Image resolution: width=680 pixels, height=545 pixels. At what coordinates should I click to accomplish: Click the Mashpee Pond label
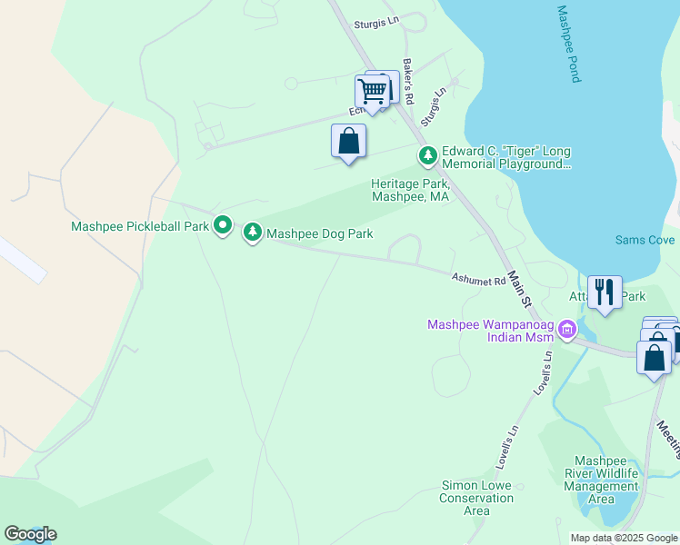click(x=569, y=45)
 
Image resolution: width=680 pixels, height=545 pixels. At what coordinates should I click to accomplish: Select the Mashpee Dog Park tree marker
click(x=253, y=233)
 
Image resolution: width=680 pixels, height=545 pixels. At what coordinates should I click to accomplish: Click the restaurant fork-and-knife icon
click(x=605, y=292)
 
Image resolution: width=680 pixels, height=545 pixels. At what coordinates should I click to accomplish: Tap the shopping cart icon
click(x=372, y=91)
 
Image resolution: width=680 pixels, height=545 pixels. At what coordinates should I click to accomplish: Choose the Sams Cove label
click(x=645, y=240)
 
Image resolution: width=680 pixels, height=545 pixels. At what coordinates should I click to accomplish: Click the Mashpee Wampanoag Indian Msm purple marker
click(x=568, y=329)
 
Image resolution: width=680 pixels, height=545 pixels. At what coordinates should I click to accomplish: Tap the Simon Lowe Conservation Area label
click(x=476, y=498)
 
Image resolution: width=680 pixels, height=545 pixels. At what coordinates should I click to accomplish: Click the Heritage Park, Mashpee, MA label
click(x=410, y=190)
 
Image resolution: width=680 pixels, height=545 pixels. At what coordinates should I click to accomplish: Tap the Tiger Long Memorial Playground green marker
click(x=427, y=156)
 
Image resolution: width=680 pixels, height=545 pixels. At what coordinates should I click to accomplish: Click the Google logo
click(x=30, y=534)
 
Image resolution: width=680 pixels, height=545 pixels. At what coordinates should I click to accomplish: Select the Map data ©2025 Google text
click(x=623, y=538)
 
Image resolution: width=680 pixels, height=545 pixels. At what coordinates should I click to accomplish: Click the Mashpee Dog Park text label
click(x=319, y=234)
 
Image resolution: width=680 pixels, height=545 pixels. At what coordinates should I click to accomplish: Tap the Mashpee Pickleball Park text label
click(x=141, y=225)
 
